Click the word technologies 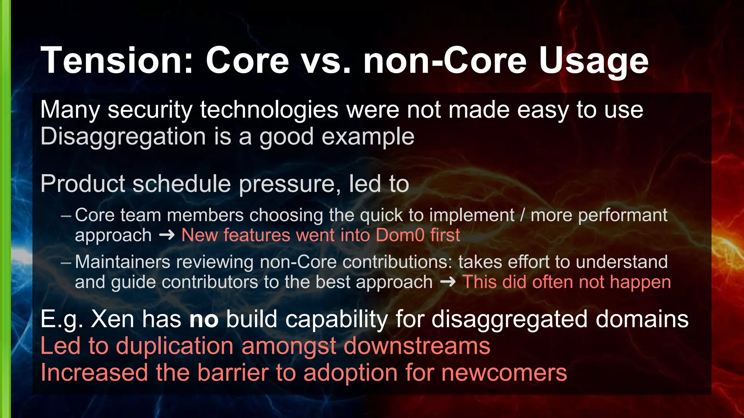point(269,110)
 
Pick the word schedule point(181,184)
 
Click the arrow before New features point(167,235)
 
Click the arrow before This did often point(448,282)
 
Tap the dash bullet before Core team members point(66,216)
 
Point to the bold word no point(204,320)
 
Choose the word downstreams point(417,346)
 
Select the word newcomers point(504,373)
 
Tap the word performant point(599,216)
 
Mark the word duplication point(174,346)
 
